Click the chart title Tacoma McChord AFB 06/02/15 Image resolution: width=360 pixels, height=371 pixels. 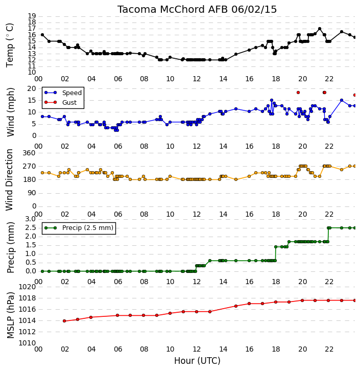coord(197,10)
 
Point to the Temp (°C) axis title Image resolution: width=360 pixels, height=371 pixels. coord(10,45)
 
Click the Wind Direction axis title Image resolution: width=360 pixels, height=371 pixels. coord(10,180)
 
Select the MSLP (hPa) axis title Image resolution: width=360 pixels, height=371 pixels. coord(10,315)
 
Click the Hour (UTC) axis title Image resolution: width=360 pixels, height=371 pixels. coord(197,361)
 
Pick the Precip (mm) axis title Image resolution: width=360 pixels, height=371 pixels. coord(10,247)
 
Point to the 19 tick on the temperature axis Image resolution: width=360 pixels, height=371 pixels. coord(32,16)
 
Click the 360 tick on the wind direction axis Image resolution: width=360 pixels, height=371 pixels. coord(29,153)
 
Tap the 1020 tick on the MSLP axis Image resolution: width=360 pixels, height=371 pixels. coord(27,287)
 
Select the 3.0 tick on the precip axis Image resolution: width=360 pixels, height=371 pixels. coord(31,219)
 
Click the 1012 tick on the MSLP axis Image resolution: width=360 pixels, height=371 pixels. coord(27,332)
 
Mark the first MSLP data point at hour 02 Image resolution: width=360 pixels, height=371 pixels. coord(64,321)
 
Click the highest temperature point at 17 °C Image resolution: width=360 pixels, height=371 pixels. coord(320,29)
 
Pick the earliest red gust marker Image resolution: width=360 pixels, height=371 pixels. coord(298,92)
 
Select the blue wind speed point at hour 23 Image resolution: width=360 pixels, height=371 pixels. coord(342,100)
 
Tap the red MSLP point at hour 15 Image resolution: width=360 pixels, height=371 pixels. coord(236,306)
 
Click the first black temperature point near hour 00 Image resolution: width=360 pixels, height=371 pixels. coord(42,35)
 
